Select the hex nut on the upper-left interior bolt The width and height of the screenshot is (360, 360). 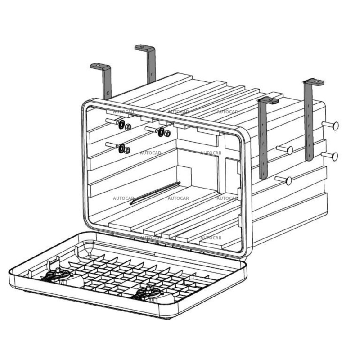128,127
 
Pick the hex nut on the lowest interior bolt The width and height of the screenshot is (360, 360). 127,150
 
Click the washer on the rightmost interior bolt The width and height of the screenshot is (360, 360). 161,131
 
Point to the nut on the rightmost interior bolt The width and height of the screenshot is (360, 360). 167,134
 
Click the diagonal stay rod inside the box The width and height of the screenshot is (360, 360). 155,193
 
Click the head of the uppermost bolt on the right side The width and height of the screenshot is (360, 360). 335,126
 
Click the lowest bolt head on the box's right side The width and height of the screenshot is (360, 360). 288,181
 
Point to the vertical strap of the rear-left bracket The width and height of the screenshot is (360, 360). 151,65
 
